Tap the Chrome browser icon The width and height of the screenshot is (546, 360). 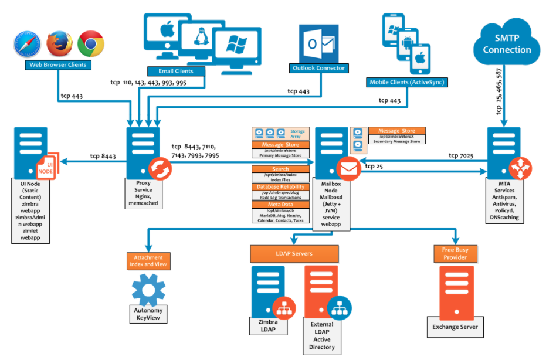[91, 43]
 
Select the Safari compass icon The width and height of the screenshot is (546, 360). [28, 44]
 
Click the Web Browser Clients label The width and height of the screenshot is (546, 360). [58, 64]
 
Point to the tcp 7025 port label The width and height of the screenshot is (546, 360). [461, 155]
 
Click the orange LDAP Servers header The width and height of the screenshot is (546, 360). [294, 254]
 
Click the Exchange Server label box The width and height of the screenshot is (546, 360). [455, 327]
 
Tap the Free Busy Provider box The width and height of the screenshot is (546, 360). [455, 254]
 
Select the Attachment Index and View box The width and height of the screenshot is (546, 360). [148, 261]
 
